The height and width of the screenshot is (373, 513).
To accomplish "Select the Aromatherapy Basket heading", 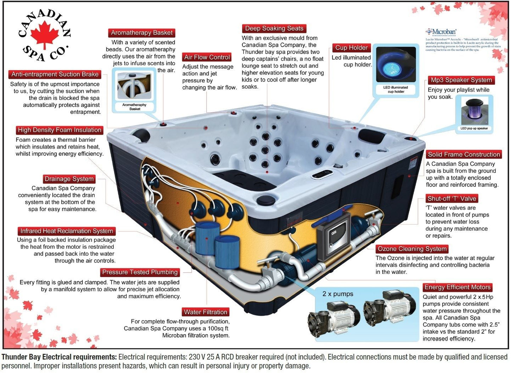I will tap(142, 33).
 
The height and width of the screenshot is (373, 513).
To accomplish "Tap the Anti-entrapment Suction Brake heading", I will tap(55, 74).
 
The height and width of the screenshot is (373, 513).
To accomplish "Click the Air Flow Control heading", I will tap(207, 57).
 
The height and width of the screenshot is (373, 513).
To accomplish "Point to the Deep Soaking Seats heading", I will tap(274, 28).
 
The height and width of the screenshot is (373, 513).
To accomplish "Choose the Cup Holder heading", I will tap(351, 48).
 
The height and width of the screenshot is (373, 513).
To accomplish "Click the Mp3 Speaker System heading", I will tap(461, 80).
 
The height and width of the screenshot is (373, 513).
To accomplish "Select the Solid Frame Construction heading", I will tap(464, 155).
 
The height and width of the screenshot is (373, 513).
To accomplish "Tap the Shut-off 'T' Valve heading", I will tap(452, 199).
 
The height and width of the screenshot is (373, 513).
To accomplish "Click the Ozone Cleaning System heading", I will tap(412, 249).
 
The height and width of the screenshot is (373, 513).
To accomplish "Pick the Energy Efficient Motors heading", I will tap(457, 287).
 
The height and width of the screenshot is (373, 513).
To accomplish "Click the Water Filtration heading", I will tap(205, 312).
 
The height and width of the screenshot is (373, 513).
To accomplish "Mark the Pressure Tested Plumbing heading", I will tap(140, 272).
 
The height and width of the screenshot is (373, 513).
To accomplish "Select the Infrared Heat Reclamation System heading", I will tap(67, 231).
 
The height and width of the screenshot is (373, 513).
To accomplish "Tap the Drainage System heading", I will tap(69, 179).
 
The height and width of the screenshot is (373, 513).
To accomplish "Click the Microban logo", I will tap(442, 32).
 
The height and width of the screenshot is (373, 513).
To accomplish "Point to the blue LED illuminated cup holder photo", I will tap(396, 65).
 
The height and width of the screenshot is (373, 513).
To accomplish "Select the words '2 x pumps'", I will tap(338, 294).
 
